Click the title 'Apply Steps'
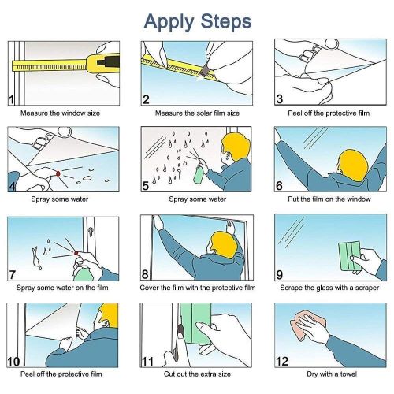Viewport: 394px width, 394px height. click(x=198, y=22)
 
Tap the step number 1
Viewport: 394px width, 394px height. click(x=12, y=99)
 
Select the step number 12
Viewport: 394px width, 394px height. click(x=282, y=362)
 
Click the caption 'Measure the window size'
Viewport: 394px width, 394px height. click(x=61, y=113)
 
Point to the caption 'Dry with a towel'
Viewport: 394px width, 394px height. click(x=332, y=374)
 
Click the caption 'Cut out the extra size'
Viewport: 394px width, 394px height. click(x=197, y=374)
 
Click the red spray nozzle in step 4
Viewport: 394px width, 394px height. click(x=58, y=173)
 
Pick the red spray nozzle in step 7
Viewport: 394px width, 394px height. click(x=76, y=253)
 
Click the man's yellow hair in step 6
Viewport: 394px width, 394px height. click(x=353, y=165)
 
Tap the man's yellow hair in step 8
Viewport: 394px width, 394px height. click(x=224, y=245)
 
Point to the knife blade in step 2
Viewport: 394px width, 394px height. click(x=204, y=70)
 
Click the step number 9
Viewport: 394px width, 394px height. click(x=280, y=275)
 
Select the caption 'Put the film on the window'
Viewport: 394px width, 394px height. click(x=329, y=199)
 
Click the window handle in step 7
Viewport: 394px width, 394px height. click(x=91, y=232)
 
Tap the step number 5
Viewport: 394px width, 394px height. click(x=146, y=186)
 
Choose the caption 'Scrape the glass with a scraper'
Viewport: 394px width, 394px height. click(x=329, y=288)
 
